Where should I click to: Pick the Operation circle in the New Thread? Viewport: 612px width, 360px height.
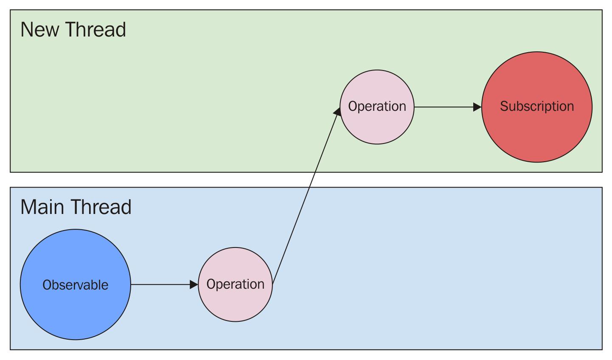tap(377, 125)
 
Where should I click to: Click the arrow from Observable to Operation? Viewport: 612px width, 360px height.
tap(161, 284)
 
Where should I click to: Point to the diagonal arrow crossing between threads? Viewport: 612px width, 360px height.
tap(306, 195)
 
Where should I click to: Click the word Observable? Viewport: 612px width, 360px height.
tap(76, 285)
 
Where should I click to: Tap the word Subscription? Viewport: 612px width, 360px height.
tap(537, 106)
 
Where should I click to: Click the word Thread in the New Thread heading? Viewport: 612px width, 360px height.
tap(95, 30)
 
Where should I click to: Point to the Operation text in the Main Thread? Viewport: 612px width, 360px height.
tap(236, 284)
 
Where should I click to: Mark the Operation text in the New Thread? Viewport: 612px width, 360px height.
tap(377, 106)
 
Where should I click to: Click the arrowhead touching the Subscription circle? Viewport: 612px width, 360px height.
tap(477, 107)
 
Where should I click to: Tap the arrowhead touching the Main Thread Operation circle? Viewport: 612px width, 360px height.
tap(194, 284)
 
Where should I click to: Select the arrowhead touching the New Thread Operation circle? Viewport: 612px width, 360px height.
tap(337, 112)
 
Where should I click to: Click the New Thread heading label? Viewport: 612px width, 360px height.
tap(73, 30)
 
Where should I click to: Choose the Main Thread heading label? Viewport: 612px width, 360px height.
tap(76, 207)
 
